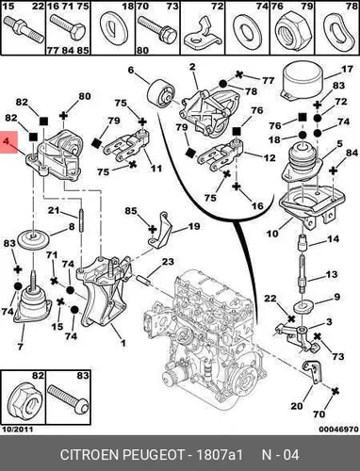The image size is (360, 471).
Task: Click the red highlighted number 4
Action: [7, 141]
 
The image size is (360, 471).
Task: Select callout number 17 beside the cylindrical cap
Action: [348, 69]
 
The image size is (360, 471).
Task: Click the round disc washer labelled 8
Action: [33, 239]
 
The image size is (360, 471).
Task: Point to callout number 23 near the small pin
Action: [168, 262]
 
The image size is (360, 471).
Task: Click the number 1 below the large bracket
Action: [123, 343]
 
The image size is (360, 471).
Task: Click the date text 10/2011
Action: [18, 430]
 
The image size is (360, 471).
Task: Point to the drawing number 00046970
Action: [338, 430]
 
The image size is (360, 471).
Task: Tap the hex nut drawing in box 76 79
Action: [291, 32]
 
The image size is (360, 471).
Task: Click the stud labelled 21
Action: [81, 219]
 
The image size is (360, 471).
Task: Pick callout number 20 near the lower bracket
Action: [297, 406]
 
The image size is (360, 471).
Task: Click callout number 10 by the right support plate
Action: [272, 234]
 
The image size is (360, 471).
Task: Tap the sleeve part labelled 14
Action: [302, 243]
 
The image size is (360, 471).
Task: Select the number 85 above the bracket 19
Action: [131, 210]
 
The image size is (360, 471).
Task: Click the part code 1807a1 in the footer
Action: [219, 454]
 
